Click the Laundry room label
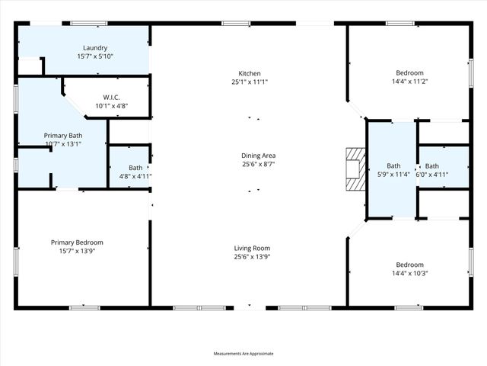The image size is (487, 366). [x=95, y=48]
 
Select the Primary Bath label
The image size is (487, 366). [x=63, y=135]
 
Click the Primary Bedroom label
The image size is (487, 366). [x=77, y=242]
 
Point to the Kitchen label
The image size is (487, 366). [x=250, y=73]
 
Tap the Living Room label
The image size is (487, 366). [x=252, y=248]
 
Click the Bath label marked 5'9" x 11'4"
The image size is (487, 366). [x=393, y=165]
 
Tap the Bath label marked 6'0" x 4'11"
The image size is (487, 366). [x=431, y=166]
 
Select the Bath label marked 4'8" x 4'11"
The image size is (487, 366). [x=135, y=168]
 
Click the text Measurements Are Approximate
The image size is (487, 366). [x=243, y=353]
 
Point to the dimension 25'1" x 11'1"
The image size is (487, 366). [x=250, y=82]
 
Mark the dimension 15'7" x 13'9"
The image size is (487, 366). [x=77, y=251]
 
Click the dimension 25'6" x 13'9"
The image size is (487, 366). [x=252, y=257]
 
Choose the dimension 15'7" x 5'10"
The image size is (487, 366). [x=95, y=56]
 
